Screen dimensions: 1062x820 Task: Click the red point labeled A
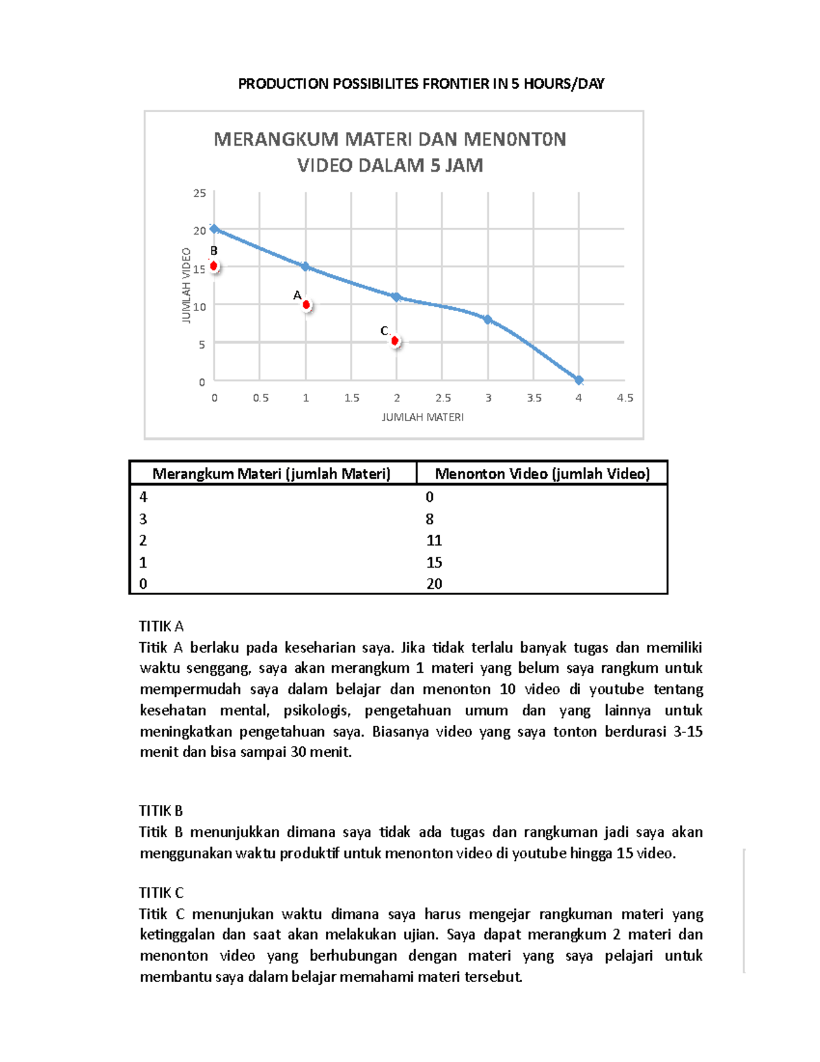[x=306, y=305]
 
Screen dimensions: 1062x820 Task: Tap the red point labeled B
[x=214, y=266]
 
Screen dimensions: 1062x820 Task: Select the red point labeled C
[x=395, y=341]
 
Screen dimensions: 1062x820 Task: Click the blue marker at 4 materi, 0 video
[x=579, y=380]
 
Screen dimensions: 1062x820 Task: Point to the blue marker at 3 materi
[x=488, y=319]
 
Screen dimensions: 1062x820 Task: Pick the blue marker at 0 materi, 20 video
[x=215, y=229]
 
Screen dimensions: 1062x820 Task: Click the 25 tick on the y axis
[x=200, y=194]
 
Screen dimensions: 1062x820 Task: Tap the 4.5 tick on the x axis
[x=625, y=398]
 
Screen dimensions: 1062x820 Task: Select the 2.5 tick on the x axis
[x=443, y=398]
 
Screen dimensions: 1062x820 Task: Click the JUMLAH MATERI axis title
[x=422, y=417]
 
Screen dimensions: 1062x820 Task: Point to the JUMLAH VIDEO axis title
[x=186, y=285]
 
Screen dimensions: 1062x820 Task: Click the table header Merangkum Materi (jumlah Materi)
[x=271, y=473]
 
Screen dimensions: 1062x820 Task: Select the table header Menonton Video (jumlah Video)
[x=542, y=473]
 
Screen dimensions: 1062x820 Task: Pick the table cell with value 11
[x=434, y=541]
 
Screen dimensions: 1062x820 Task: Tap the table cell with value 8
[x=430, y=519]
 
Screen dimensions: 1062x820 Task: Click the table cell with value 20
[x=434, y=584]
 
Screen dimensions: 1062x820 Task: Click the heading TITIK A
[x=161, y=626]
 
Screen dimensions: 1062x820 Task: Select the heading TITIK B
[x=161, y=811]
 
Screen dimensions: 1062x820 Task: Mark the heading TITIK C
[x=161, y=893]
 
